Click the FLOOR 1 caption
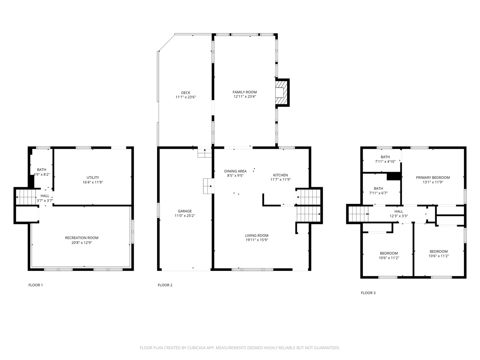click(x=36, y=285)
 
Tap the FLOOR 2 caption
click(x=165, y=285)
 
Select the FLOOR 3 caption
click(x=368, y=293)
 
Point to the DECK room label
click(x=186, y=93)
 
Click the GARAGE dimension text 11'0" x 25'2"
click(x=184, y=216)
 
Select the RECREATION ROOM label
click(x=82, y=238)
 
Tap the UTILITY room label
click(x=93, y=178)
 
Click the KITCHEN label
click(x=280, y=175)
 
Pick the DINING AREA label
click(x=235, y=171)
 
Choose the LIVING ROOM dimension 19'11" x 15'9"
click(x=257, y=240)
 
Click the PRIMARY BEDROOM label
click(x=433, y=178)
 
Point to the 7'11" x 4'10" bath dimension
click(x=385, y=162)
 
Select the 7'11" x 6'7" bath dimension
click(x=378, y=193)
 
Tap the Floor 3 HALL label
click(x=399, y=211)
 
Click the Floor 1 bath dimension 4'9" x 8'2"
click(x=42, y=174)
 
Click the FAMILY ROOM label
click(x=244, y=92)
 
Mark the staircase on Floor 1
click(x=26, y=197)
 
